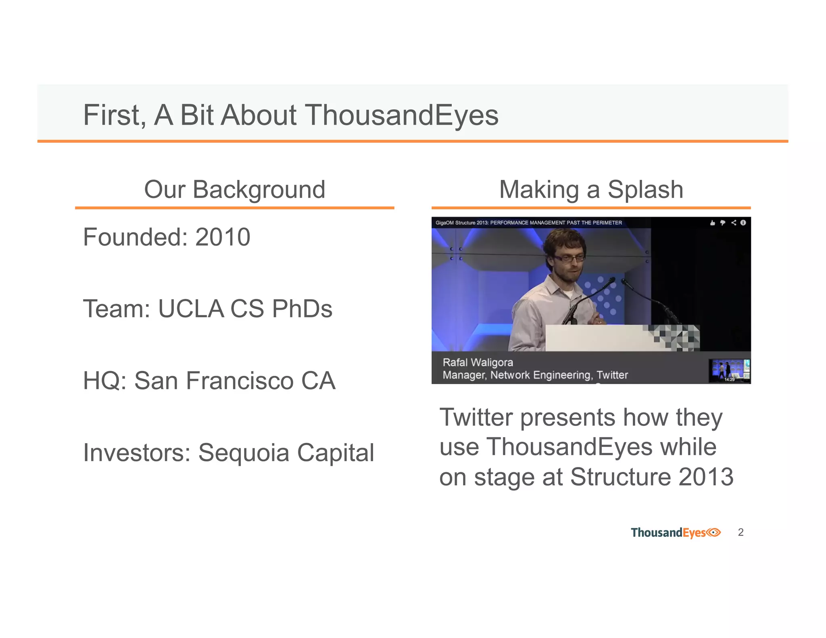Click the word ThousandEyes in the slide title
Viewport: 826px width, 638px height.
401,115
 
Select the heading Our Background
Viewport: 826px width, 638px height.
234,190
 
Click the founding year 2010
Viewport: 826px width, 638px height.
223,237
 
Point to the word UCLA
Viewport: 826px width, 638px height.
190,309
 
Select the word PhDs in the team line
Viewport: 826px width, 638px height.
302,309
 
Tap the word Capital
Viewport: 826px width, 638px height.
336,452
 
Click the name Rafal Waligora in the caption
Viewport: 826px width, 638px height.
478,363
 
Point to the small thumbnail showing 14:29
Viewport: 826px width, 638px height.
729,371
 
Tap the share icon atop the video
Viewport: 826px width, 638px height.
734,223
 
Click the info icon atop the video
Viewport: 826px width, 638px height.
743,223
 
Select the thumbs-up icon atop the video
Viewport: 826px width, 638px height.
712,223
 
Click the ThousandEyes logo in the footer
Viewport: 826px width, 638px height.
676,533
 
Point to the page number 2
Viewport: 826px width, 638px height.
740,532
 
